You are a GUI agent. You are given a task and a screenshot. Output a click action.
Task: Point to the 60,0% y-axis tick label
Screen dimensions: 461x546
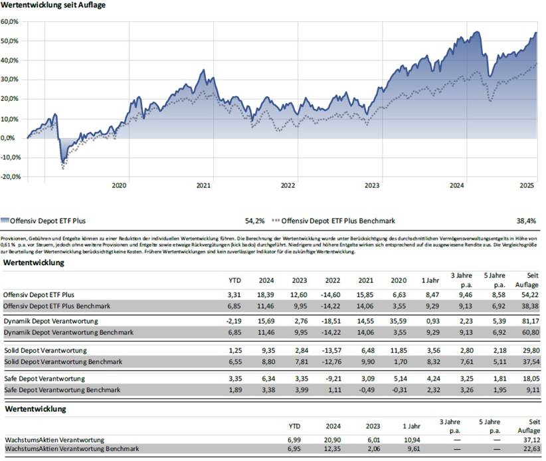pyautogui.click(x=10, y=22)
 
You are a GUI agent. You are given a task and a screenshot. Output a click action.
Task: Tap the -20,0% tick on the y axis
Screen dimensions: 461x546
pyautogui.click(x=11, y=177)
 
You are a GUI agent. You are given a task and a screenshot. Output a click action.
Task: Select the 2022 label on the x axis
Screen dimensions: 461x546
pyautogui.click(x=288, y=187)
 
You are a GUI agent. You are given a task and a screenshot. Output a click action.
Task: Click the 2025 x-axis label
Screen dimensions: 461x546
pyautogui.click(x=527, y=187)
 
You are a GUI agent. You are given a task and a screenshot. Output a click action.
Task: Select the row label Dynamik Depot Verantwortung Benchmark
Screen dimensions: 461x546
pyautogui.click(x=68, y=331)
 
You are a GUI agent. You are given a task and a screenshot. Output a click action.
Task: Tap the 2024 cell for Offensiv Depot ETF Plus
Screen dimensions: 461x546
pyautogui.click(x=267, y=293)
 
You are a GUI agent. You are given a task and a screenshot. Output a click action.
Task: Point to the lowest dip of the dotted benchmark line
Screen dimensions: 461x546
pyautogui.click(x=63, y=169)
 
